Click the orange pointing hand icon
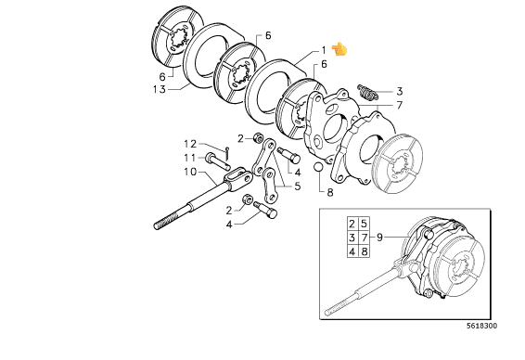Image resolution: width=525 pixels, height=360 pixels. pos(339,49)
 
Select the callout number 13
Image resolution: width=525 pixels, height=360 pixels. pos(160,89)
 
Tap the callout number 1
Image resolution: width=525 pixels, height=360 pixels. pos(324,50)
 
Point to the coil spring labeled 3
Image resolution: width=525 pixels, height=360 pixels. pos(367,92)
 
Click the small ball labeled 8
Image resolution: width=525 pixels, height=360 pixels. pos(318,167)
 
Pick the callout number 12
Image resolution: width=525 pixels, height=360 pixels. pos(190,144)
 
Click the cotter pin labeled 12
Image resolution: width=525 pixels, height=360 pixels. pos(227,153)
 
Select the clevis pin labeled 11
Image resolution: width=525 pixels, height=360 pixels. pos(218,161)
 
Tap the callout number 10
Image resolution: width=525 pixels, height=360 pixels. pos(190,172)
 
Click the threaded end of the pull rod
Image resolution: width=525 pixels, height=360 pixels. pos(166,222)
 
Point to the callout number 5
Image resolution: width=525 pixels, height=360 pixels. pos(298,186)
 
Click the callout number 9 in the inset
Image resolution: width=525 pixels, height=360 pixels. pos(379,238)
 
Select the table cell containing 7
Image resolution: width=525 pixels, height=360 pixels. pos(365,238)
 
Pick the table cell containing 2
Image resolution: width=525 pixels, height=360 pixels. pos(352,224)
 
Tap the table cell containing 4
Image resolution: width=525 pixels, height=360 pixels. pos(352,251)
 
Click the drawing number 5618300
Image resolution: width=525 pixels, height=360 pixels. pos(482,326)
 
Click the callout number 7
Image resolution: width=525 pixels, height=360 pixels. pos(399,106)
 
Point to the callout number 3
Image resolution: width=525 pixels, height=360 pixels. pos(399,92)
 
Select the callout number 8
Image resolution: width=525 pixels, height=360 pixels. pos(330,193)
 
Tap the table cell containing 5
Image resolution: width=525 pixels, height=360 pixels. pos(365,224)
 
